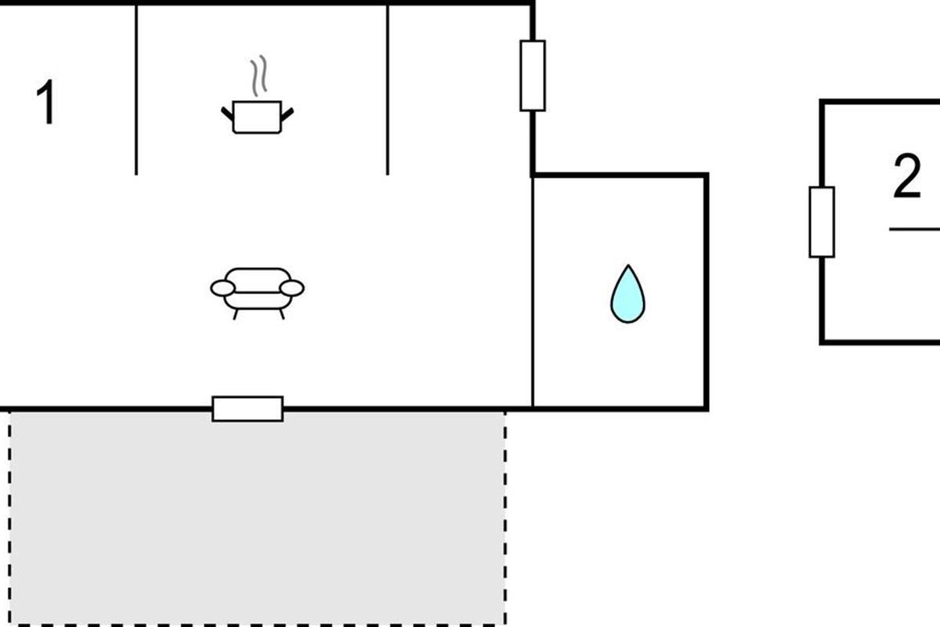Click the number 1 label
(x=47, y=103)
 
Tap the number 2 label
(x=906, y=177)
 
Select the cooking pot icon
(x=257, y=117)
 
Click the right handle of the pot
(x=287, y=114)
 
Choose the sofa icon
(x=257, y=290)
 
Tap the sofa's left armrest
(x=222, y=288)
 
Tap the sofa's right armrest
(x=291, y=288)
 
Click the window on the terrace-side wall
(x=248, y=408)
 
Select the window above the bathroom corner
(x=533, y=75)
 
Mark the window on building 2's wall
(x=821, y=222)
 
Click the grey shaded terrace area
(x=257, y=517)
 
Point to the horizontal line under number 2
(x=914, y=229)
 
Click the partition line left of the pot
(x=136, y=90)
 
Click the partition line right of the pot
(x=388, y=90)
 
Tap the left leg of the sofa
(x=235, y=313)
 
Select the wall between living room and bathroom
(x=533, y=290)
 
